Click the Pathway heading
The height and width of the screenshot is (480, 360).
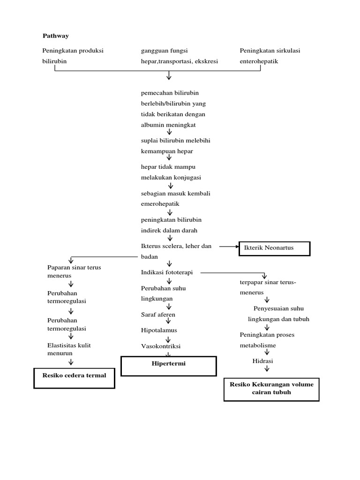coord(55,36)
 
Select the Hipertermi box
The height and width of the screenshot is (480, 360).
coord(169,366)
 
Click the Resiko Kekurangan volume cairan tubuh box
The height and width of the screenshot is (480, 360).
coord(271,389)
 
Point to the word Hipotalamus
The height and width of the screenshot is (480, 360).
coord(159,330)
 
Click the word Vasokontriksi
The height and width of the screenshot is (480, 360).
coord(160,346)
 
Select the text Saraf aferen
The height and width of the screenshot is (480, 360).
coord(158,315)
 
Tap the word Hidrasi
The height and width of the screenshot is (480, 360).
coord(262,361)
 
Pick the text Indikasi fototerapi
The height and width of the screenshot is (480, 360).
coord(167,272)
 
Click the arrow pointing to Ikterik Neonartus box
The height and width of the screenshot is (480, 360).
coord(230,246)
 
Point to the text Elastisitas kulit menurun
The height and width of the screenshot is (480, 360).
coord(69,349)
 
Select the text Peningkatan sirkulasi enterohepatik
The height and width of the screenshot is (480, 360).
coord(270,56)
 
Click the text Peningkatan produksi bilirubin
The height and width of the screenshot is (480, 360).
coord(73,56)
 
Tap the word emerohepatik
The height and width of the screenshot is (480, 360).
coord(160,204)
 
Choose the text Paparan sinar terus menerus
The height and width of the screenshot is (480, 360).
coord(74,271)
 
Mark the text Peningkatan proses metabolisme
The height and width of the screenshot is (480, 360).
coord(267,340)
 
